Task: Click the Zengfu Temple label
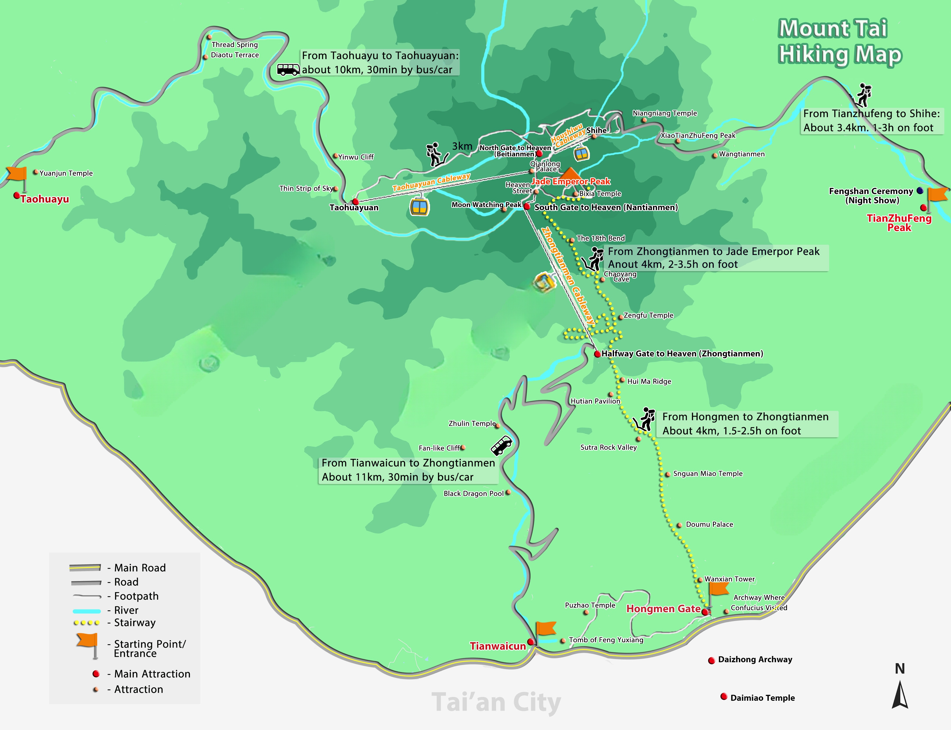pos(648,316)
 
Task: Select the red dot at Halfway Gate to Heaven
pos(598,354)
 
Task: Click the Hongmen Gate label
pos(663,609)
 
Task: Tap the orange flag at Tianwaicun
pos(545,629)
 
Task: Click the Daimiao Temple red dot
pos(724,697)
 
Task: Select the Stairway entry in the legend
pos(134,623)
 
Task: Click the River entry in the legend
pos(126,610)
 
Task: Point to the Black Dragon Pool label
pos(473,494)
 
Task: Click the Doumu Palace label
pos(709,525)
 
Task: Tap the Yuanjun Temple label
pos(66,173)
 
